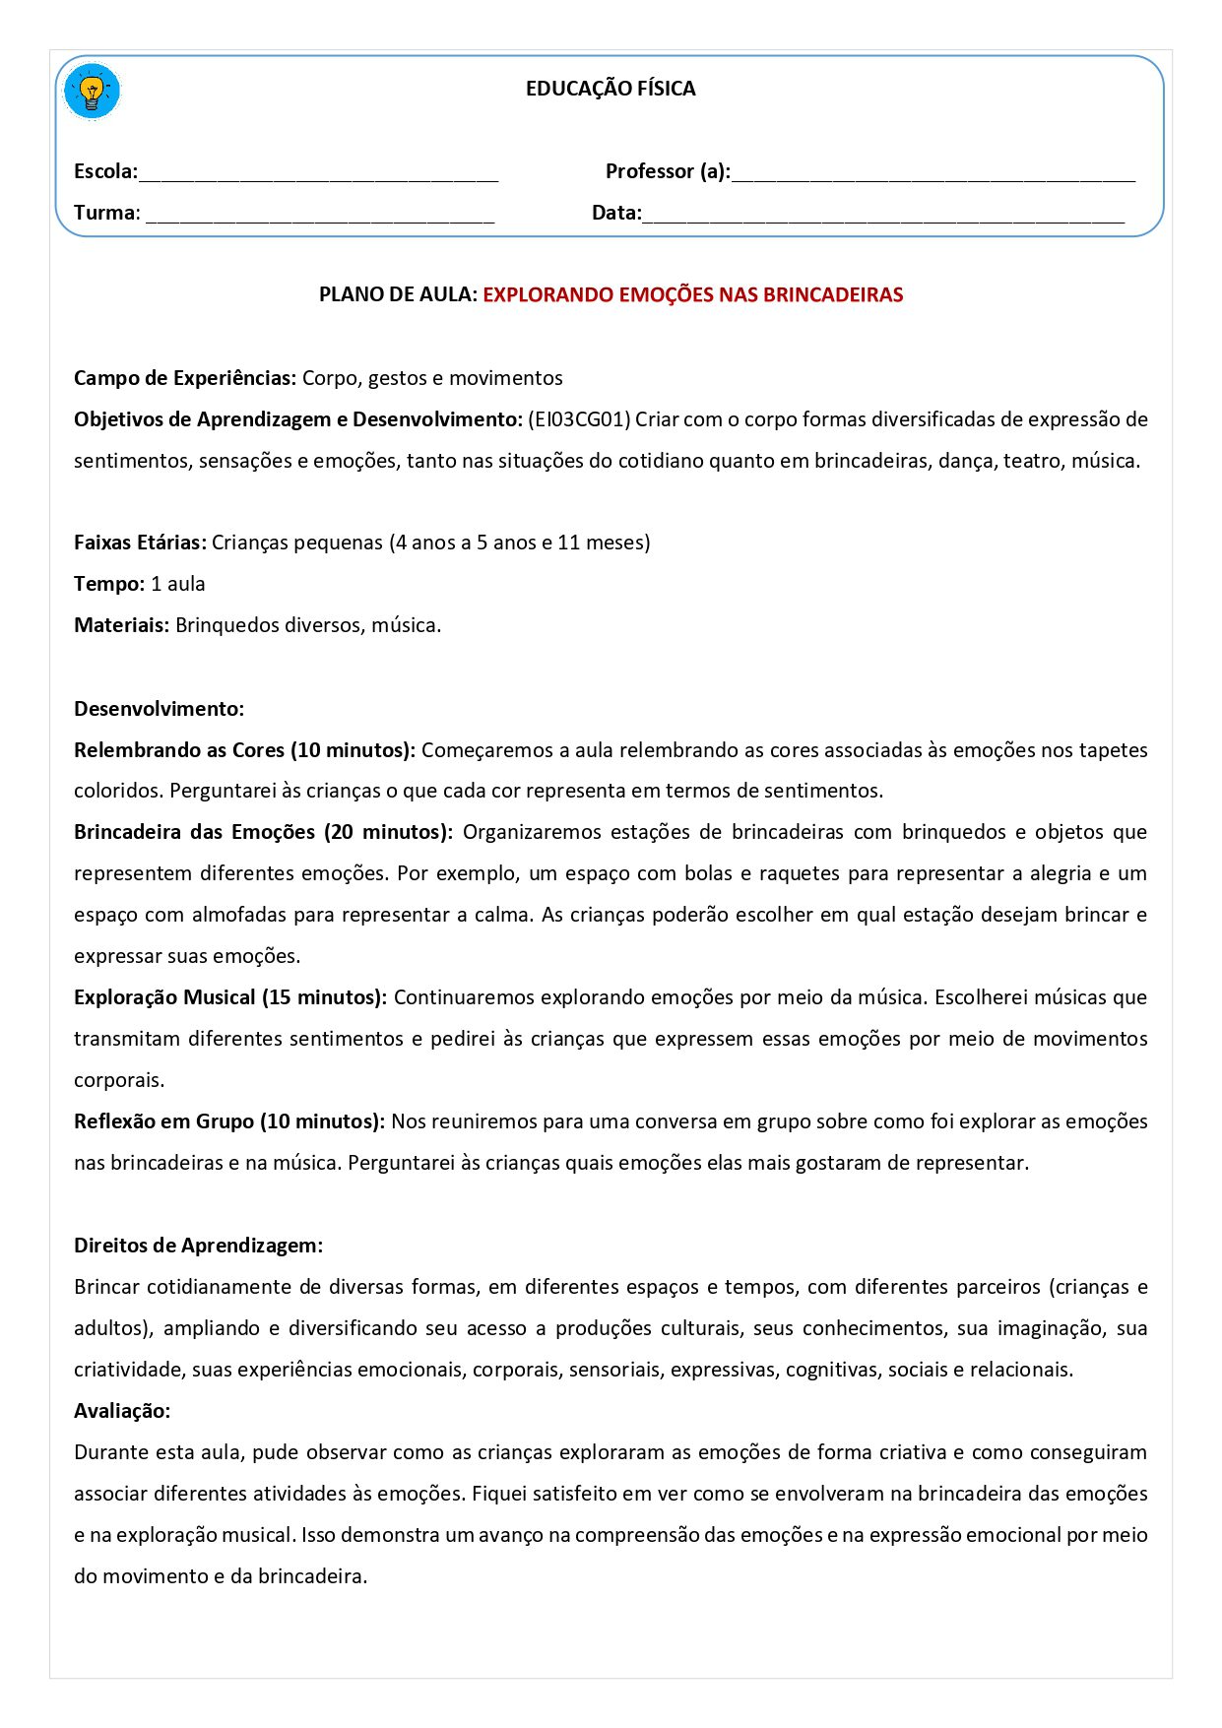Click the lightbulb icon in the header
(x=92, y=93)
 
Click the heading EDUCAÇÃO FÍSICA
(x=611, y=89)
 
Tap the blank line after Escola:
(x=318, y=175)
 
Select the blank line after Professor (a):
(x=933, y=175)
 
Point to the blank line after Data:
(x=882, y=217)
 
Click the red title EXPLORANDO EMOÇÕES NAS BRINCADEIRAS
(x=692, y=294)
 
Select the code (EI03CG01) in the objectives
(x=579, y=419)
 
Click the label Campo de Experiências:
(x=185, y=378)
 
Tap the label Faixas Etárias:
(x=140, y=543)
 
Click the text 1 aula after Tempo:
(x=178, y=584)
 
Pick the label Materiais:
(x=121, y=625)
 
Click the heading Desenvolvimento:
(x=159, y=709)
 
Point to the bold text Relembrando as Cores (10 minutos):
(x=244, y=750)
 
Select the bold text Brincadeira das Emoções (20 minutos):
(x=263, y=832)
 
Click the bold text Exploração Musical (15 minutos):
(x=230, y=997)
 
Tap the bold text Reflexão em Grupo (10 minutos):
(x=228, y=1121)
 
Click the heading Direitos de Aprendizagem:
(x=198, y=1246)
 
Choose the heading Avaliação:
(x=122, y=1411)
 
